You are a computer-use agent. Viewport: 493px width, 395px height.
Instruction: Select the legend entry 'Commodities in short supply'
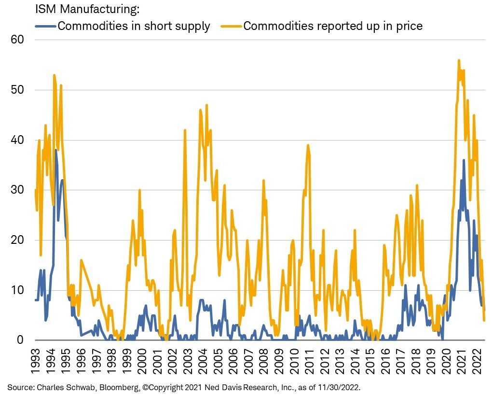(134, 26)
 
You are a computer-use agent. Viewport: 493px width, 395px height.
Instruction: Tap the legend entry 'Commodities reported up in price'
(333, 26)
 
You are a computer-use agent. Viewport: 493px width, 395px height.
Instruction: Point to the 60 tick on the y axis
(17, 39)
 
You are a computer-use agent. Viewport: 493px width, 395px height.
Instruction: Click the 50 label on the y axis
(17, 90)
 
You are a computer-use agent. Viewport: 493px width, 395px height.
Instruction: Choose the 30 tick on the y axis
(17, 190)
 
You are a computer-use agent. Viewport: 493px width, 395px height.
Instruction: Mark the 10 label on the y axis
(17, 290)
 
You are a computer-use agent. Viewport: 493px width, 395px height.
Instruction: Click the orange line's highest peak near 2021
(459, 60)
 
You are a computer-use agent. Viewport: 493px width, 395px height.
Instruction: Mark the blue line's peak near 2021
(464, 160)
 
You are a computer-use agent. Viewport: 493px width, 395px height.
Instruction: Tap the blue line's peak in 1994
(56, 150)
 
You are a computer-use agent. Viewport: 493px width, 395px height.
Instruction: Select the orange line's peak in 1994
(54, 75)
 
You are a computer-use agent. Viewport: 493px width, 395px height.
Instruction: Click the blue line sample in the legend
(45, 26)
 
